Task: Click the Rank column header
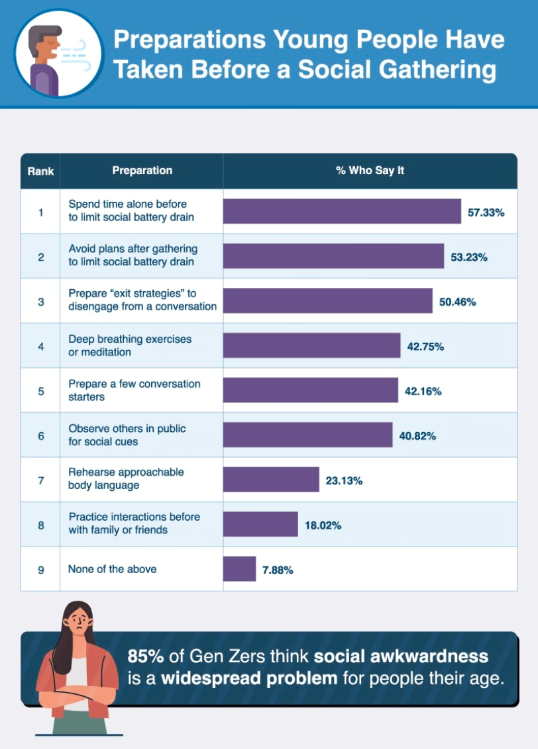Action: coord(40,171)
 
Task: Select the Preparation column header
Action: coord(142,170)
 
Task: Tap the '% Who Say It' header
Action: coord(370,170)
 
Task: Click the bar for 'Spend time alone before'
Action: coord(342,212)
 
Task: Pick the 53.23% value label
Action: coord(469,257)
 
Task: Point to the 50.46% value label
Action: coord(457,302)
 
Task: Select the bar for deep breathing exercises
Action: coord(311,346)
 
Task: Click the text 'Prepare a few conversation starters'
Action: coord(134,390)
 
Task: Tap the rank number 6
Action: coord(40,435)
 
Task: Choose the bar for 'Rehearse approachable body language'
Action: coord(271,480)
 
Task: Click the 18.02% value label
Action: coord(323,525)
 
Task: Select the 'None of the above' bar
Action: coord(239,569)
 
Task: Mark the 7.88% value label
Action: coord(278,570)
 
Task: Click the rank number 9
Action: coord(40,570)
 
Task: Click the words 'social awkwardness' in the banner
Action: coord(401,656)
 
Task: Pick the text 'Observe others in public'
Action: coord(127,428)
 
